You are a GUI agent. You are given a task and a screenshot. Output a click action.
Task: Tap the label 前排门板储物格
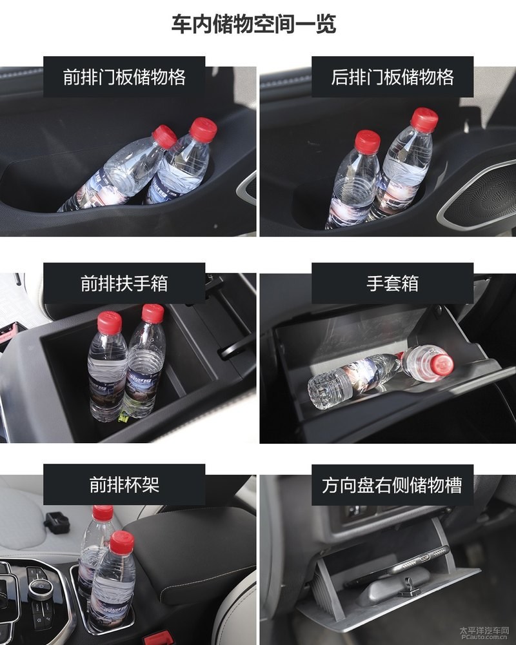pos(124,77)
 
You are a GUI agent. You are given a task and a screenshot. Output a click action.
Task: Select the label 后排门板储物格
pos(392,77)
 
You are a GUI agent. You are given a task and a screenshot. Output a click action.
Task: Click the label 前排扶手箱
pos(124,283)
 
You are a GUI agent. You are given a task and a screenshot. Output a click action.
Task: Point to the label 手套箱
pos(392,283)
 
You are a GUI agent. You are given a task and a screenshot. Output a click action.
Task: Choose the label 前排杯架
pos(124,484)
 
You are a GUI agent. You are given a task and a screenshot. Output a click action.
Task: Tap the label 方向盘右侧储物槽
pos(392,484)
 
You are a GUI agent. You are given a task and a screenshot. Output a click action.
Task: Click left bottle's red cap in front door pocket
pos(165,136)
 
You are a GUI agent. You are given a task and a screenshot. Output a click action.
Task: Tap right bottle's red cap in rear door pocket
pos(425,119)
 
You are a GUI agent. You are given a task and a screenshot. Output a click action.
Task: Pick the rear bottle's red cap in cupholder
pos(103,513)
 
